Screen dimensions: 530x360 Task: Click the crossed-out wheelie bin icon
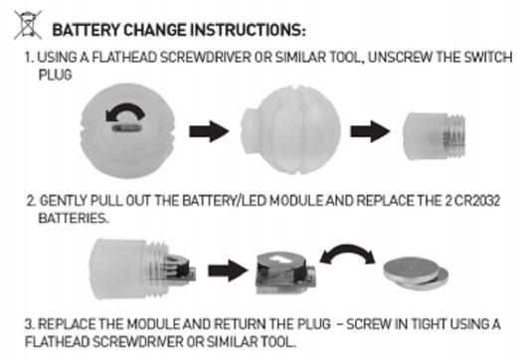pyautogui.click(x=28, y=25)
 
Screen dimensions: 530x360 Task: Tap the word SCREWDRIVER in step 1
pyautogui.click(x=206, y=57)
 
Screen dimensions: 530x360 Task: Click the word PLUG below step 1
pyautogui.click(x=55, y=75)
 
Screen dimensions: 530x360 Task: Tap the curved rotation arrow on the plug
pyautogui.click(x=125, y=112)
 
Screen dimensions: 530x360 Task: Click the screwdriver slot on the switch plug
pyautogui.click(x=126, y=128)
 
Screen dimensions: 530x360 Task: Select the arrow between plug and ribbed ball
pyautogui.click(x=209, y=131)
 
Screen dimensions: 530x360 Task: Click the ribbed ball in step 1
pyautogui.click(x=290, y=129)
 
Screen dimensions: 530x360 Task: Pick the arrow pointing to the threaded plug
pyautogui.click(x=370, y=131)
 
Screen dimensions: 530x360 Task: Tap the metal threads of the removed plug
pyautogui.click(x=455, y=135)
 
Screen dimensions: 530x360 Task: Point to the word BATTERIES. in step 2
pyautogui.click(x=74, y=218)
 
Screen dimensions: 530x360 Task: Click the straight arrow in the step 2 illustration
pyautogui.click(x=228, y=270)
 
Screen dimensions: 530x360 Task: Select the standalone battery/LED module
pyautogui.click(x=285, y=273)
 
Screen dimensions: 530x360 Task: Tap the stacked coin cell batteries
pyautogui.click(x=416, y=273)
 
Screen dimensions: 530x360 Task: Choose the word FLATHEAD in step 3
pyautogui.click(x=57, y=341)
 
